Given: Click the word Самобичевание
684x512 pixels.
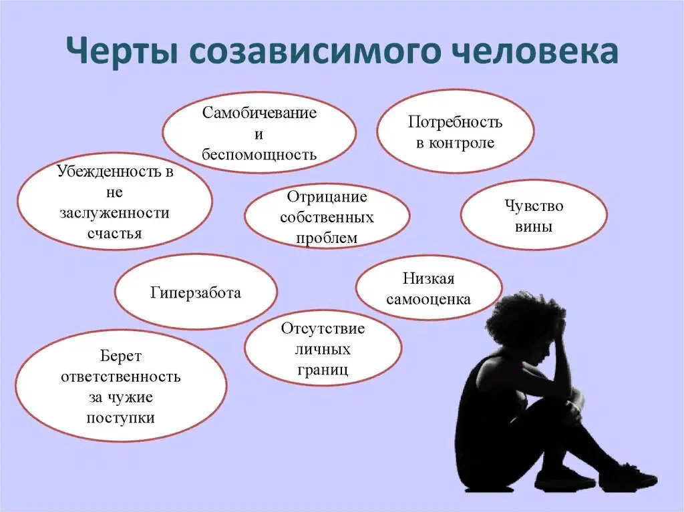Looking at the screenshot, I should point(259,112).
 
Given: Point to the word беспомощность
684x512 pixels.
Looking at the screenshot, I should point(259,155).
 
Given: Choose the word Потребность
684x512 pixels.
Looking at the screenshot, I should point(455,122).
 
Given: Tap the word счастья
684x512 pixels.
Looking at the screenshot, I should point(114,233).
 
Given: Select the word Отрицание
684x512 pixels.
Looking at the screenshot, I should point(327,197).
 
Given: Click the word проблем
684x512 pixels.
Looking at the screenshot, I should point(327,238).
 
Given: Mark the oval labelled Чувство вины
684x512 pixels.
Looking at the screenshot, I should point(534,215).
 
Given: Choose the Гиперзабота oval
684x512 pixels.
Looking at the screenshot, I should point(195,292).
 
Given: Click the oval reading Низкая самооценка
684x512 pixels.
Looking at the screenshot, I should point(428,288).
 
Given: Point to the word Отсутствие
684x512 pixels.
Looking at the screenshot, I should point(323,329).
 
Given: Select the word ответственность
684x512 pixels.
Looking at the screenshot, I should point(120,376).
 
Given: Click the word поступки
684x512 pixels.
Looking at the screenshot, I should point(120,418).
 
